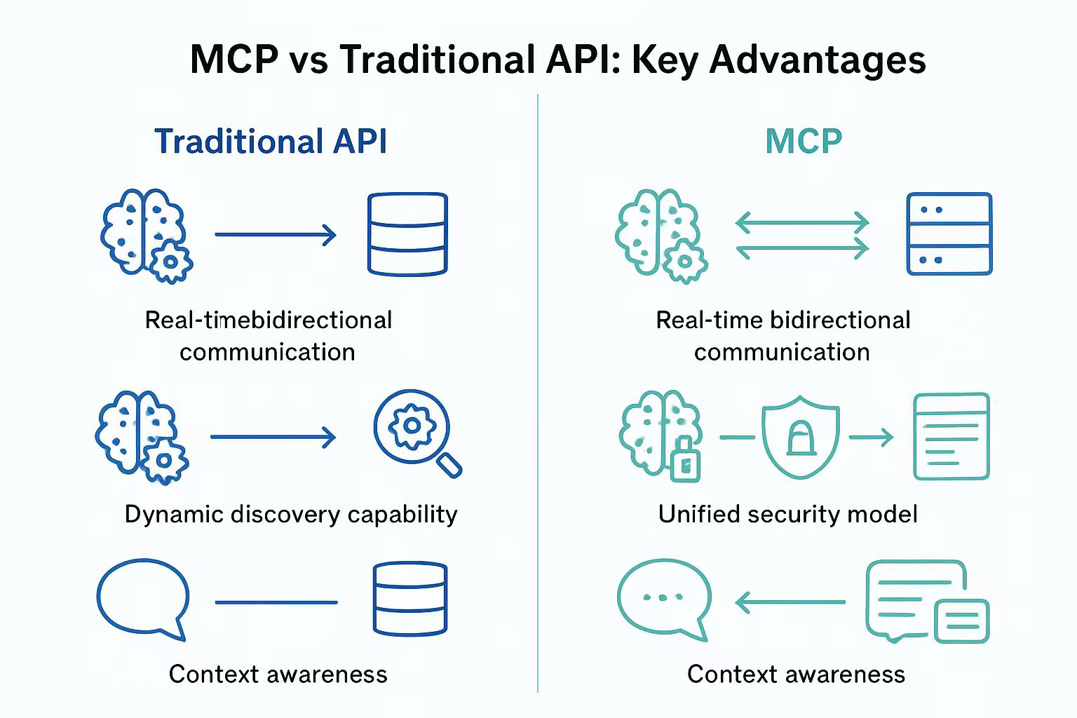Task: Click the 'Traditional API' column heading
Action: tap(270, 142)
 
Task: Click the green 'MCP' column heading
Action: tap(803, 142)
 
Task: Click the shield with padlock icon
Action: tap(800, 437)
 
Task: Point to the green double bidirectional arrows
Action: tap(802, 236)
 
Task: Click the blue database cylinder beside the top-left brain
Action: tap(407, 233)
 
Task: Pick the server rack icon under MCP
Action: tap(949, 233)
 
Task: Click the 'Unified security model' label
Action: tap(787, 514)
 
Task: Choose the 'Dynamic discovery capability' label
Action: tap(290, 514)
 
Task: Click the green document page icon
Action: tap(951, 436)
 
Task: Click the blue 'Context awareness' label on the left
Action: tap(278, 674)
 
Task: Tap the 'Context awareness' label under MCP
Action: tap(796, 674)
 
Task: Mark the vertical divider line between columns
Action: tap(538, 393)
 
